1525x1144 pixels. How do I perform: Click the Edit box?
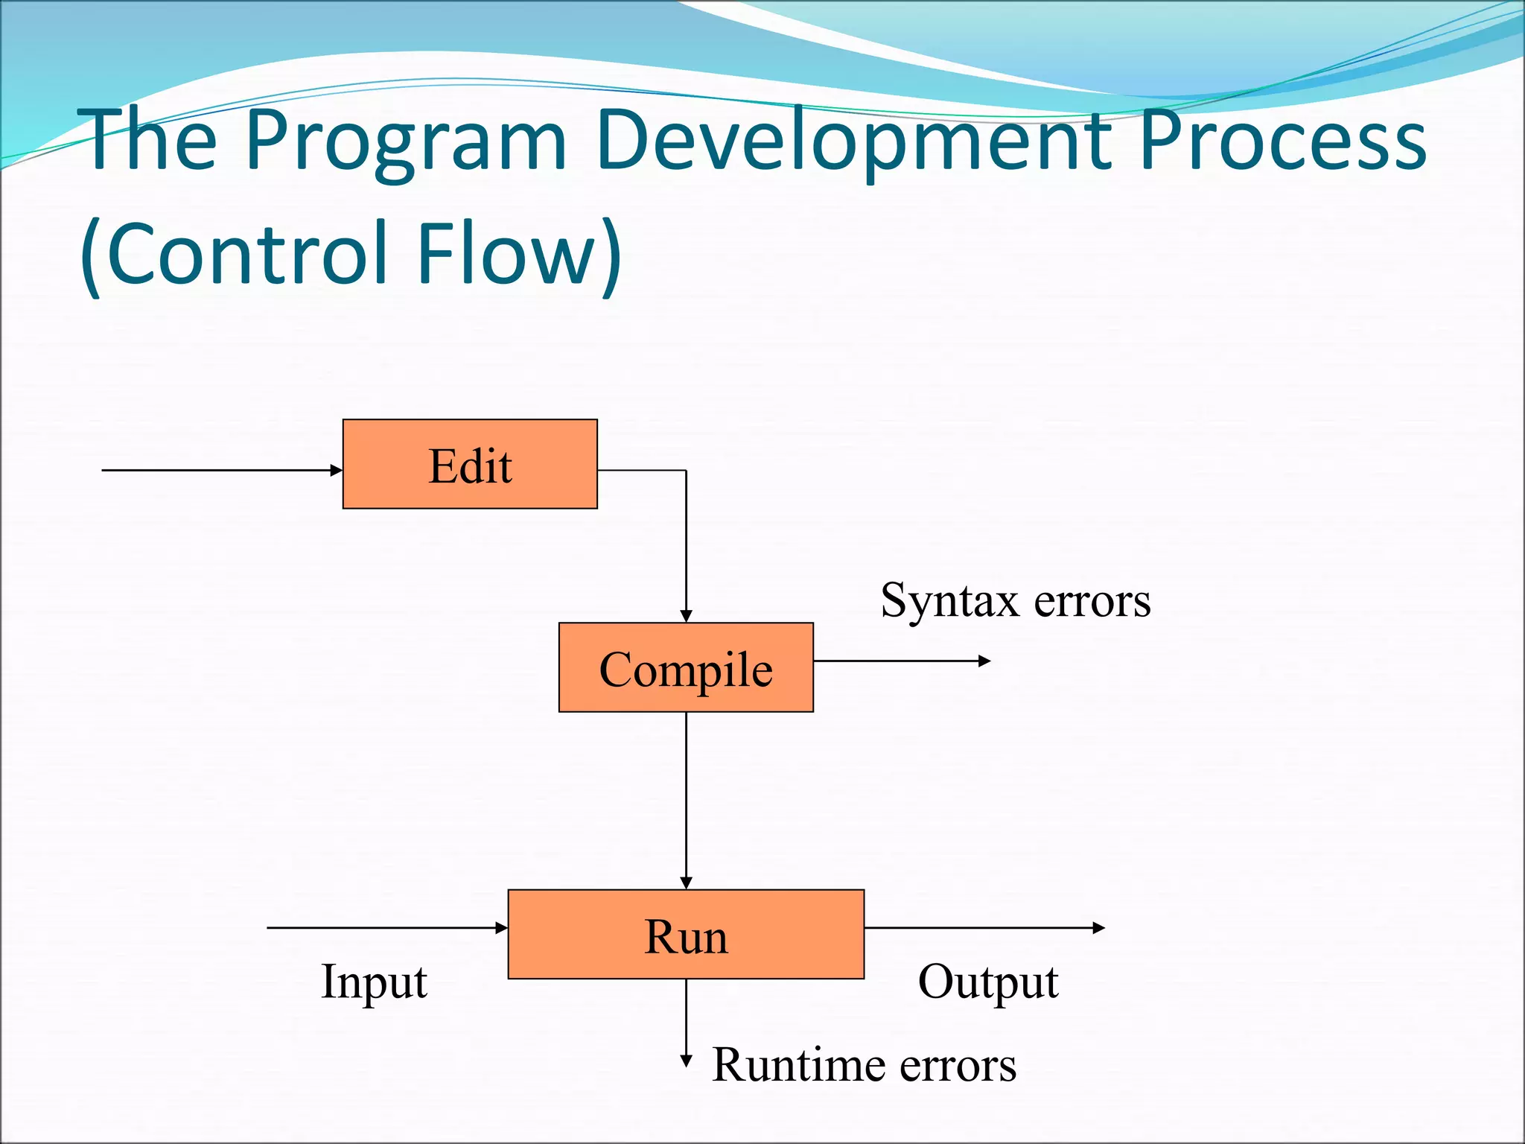(470, 464)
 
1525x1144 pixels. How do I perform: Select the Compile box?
(686, 667)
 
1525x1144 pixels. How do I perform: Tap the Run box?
(686, 934)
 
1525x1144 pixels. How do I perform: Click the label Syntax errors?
(1015, 600)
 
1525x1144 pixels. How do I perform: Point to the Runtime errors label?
(864, 1064)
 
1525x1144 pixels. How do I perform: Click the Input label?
(374, 982)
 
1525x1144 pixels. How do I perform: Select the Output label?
(988, 982)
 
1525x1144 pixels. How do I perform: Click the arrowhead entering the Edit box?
(337, 470)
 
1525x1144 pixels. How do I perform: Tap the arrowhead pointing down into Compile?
(686, 616)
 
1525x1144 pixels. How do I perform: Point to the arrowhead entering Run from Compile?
(686, 883)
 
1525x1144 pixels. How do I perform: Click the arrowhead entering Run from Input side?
(502, 928)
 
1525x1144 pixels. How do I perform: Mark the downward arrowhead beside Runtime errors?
(686, 1061)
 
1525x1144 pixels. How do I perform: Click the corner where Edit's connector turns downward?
(686, 471)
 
